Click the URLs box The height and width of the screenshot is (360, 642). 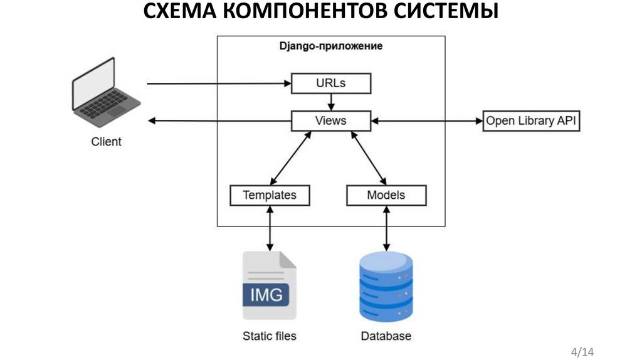pos(331,83)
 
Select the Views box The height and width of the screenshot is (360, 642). pos(331,120)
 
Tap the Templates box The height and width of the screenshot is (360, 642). pos(270,195)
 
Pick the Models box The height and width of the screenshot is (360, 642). pos(386,195)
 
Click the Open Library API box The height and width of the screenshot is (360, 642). pos(531,121)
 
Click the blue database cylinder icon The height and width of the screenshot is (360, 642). pos(386,287)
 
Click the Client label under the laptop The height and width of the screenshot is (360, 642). pos(107,142)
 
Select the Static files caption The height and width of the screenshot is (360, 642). pos(270,336)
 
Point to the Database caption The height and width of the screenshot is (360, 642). pos(386,336)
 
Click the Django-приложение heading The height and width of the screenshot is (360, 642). pos(330,46)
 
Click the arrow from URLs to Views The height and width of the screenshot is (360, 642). pos(331,102)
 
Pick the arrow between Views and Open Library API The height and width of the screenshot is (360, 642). pos(426,121)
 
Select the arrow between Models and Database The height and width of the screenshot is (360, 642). pos(386,228)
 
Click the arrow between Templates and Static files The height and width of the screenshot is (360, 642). pos(270,228)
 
